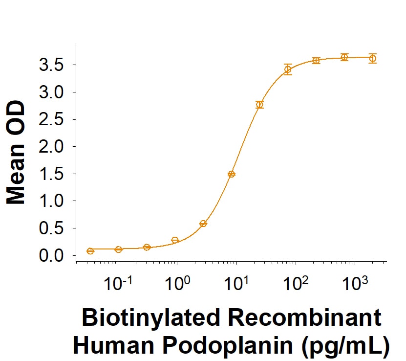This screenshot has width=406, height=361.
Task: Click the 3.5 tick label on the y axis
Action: (x=51, y=65)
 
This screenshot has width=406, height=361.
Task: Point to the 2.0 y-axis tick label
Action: (x=51, y=146)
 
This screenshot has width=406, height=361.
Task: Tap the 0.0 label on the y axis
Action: (x=51, y=255)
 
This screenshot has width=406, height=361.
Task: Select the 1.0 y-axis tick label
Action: (x=51, y=201)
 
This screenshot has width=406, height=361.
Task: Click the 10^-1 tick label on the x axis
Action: (x=118, y=283)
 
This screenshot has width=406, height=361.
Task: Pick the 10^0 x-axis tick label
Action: (x=177, y=283)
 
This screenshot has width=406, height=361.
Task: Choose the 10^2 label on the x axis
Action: (x=296, y=283)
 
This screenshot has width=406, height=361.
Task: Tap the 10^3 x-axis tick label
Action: (x=355, y=283)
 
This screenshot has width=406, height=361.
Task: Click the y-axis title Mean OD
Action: (x=16, y=153)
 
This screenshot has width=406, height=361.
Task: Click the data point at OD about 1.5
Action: (x=232, y=174)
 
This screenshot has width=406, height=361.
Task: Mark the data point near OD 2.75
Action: (x=259, y=105)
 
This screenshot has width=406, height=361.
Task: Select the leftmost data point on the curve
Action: (x=90, y=251)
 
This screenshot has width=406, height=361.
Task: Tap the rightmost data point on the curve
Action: (x=373, y=58)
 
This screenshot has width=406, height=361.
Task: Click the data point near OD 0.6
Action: (x=203, y=224)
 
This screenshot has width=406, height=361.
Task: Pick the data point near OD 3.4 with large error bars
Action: (x=288, y=69)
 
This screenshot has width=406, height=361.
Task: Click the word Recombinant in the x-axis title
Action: (x=304, y=317)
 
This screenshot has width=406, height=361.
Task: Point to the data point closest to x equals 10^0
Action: (x=175, y=240)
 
